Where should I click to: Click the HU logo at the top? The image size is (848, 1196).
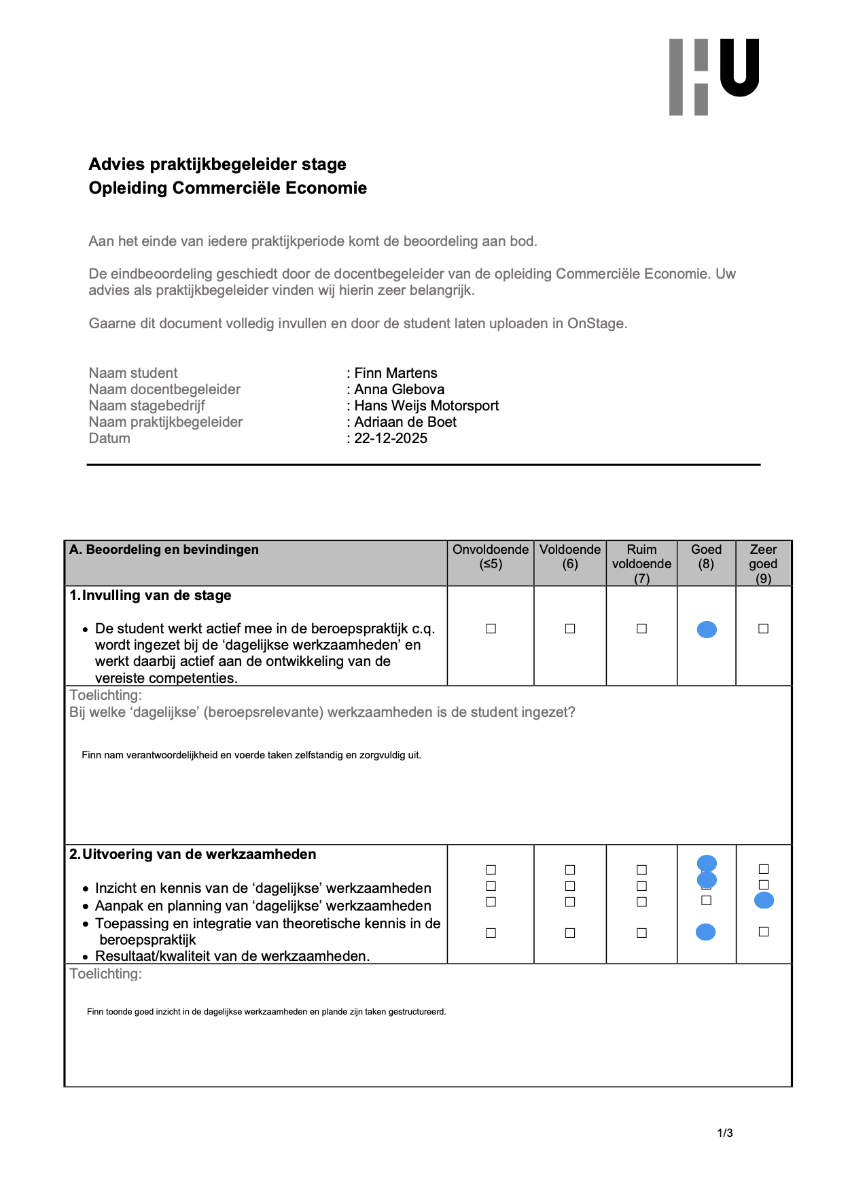[x=713, y=76]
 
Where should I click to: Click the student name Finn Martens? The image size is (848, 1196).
[x=395, y=373]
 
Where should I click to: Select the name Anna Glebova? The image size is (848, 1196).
[x=399, y=389]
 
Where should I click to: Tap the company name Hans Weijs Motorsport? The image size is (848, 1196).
[x=426, y=406]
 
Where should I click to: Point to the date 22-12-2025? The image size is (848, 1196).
[x=391, y=438]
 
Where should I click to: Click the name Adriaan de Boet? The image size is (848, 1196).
[x=405, y=422]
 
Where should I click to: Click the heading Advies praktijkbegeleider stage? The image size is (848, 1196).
[x=217, y=164]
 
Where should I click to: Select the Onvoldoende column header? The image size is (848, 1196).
[x=490, y=557]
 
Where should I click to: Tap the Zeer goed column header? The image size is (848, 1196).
[x=763, y=563]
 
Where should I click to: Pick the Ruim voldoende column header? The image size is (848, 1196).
[x=641, y=563]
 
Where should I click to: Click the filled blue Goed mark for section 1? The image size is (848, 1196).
[x=707, y=630]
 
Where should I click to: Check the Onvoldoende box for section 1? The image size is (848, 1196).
[x=491, y=629]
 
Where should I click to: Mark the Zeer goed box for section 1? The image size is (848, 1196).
[x=763, y=629]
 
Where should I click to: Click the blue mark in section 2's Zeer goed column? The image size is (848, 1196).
[x=764, y=901]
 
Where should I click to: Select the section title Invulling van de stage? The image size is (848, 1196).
[x=156, y=596]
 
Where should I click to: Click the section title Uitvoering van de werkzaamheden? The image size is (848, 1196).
[x=198, y=855]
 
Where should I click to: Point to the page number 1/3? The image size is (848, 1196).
[x=725, y=1133]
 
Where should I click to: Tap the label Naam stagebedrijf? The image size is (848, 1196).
[x=147, y=406]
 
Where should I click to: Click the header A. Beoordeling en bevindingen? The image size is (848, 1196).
[x=164, y=550]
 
